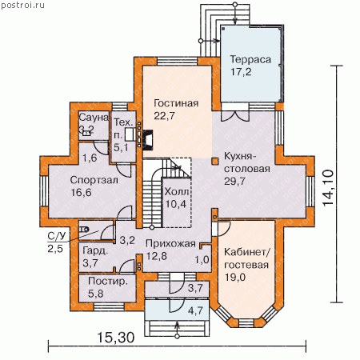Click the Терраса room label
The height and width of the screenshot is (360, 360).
coord(250,59)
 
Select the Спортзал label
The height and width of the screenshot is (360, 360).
coord(94,180)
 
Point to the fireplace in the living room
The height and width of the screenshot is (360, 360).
coord(148,139)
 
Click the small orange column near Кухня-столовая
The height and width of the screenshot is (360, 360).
coord(215,161)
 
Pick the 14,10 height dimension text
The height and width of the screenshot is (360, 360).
coord(328,187)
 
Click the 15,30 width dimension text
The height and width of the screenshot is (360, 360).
coord(116,338)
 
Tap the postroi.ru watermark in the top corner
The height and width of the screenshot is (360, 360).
coord(22,5)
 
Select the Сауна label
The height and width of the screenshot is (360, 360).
coord(94,117)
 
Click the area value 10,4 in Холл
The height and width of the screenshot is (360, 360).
coord(176,204)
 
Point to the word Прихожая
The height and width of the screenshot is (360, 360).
coord(170,243)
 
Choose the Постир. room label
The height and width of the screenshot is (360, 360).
coord(108,282)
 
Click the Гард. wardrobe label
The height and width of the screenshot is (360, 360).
coord(95,250)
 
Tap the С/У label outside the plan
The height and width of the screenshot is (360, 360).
coord(57,236)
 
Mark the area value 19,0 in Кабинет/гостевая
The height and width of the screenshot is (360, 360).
coord(235,278)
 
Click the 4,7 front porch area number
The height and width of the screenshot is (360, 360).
coord(195,310)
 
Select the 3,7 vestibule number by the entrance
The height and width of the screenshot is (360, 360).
coord(195,288)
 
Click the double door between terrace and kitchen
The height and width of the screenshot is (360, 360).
coord(235,116)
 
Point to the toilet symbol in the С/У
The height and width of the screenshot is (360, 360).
coord(84,229)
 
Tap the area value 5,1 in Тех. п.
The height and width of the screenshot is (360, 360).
coord(121,147)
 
